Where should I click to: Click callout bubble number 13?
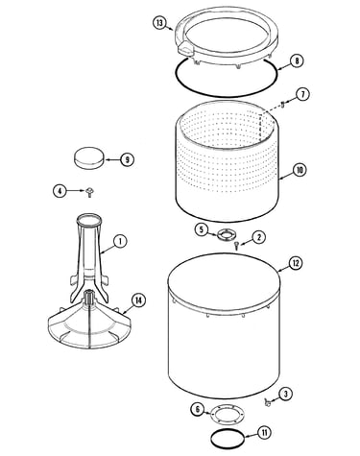click(x=160, y=23)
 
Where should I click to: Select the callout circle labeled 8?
click(x=297, y=60)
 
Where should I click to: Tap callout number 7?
click(x=302, y=95)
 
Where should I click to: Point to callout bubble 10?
click(x=300, y=170)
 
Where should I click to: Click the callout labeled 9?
click(x=127, y=159)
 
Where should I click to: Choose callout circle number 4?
click(x=60, y=191)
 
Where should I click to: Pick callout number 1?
click(x=120, y=241)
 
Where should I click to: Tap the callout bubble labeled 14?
click(x=138, y=300)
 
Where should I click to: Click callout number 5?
click(x=202, y=229)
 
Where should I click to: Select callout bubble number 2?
click(x=258, y=237)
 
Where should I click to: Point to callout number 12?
click(x=296, y=263)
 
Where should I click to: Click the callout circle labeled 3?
click(x=286, y=394)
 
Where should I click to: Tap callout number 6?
click(x=198, y=409)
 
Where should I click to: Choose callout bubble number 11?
click(x=265, y=433)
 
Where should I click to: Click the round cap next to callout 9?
click(x=89, y=157)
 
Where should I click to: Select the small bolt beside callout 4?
click(x=89, y=192)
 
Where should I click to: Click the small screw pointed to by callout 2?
click(x=236, y=246)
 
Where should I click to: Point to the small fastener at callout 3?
click(x=267, y=402)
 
